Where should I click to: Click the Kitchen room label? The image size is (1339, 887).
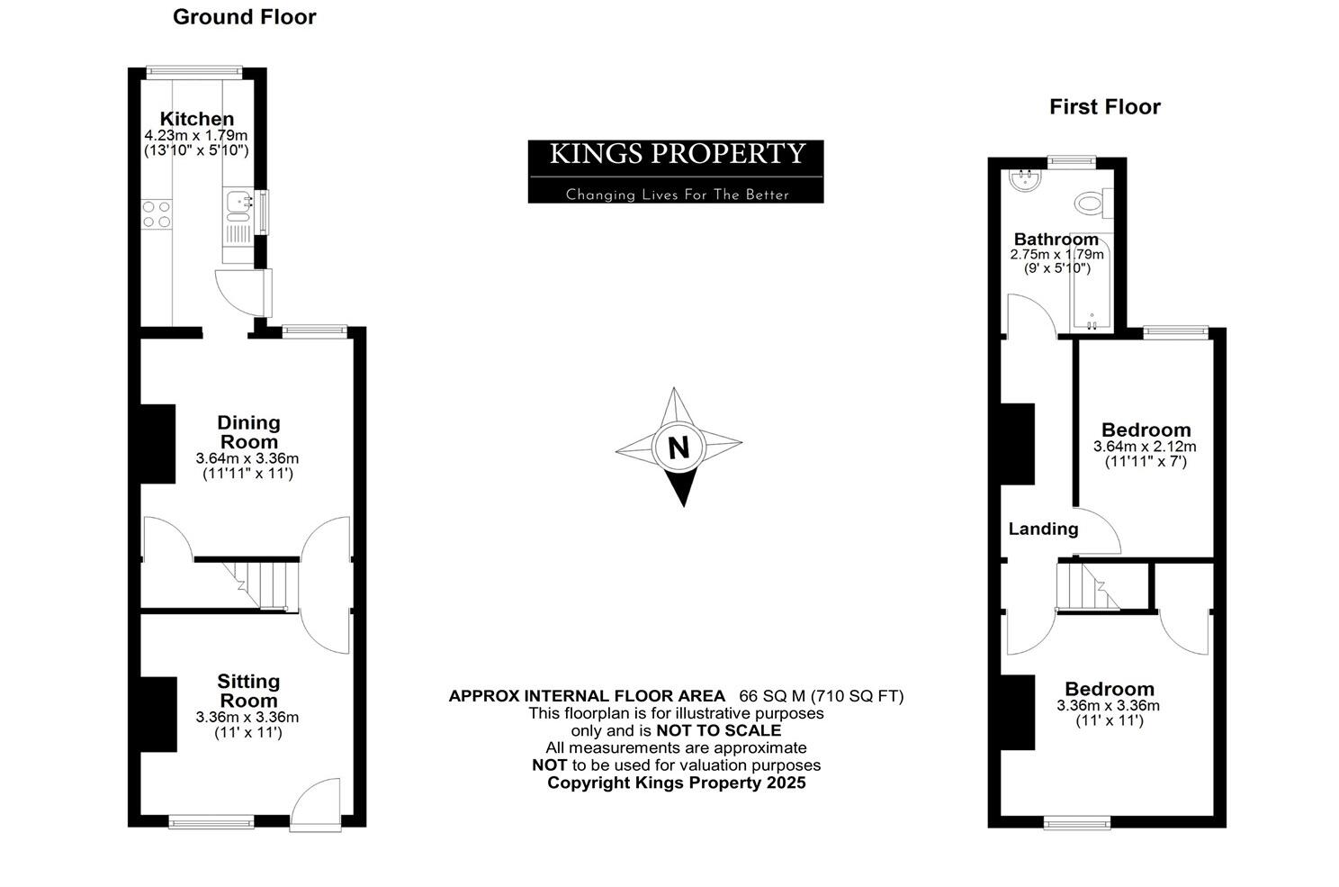196,119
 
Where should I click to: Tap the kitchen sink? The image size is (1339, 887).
239,206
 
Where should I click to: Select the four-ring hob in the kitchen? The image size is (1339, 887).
157,213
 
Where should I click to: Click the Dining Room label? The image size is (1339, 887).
248,432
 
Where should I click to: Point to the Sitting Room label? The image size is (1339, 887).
248,691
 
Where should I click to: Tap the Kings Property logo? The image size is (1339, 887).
676,171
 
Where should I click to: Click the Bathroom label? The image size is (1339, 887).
1056,240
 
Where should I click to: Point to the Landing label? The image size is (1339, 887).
1043,529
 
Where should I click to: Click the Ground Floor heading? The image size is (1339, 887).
244,17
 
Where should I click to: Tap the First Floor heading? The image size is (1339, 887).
1104,107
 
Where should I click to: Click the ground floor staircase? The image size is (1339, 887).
261,584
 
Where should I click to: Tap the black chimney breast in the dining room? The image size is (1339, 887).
158,444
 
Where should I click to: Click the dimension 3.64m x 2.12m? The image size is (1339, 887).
1145,447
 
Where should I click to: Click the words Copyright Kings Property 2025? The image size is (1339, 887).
677,783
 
